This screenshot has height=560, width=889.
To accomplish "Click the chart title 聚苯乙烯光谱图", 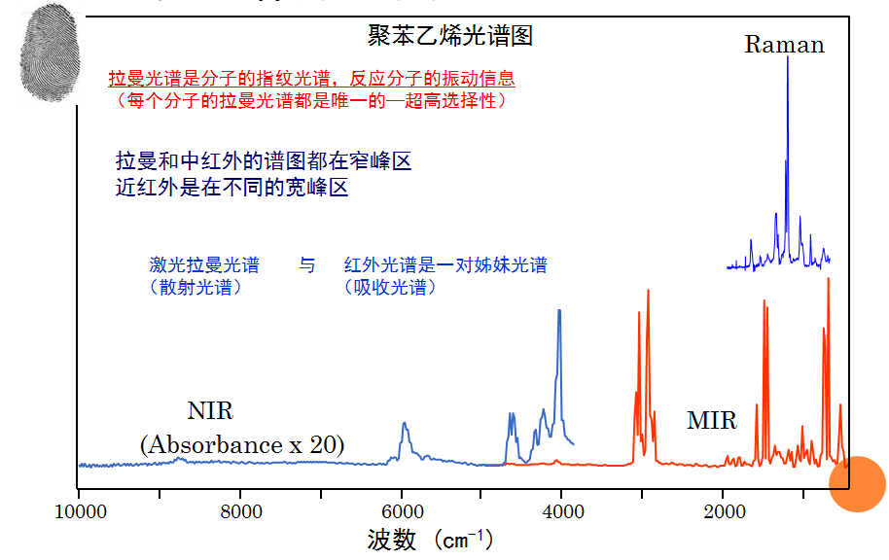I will [450, 37].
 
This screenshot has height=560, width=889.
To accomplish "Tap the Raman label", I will [784, 44].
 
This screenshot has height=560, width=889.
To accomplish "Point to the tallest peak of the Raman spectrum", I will [787, 60].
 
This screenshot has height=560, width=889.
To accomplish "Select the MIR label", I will [711, 421].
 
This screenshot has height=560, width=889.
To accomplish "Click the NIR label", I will [210, 410].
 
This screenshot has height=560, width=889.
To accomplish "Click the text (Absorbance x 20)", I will [241, 445].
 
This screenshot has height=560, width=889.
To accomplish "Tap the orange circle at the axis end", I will [856, 483].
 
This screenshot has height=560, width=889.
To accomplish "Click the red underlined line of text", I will [311, 80].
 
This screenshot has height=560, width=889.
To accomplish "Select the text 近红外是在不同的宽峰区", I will [231, 188].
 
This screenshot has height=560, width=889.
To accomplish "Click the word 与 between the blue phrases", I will [307, 265].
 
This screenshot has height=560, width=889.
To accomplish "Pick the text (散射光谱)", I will [195, 287].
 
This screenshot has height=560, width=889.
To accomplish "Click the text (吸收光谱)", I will [390, 287].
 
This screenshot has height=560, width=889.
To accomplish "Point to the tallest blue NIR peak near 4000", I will [559, 311].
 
